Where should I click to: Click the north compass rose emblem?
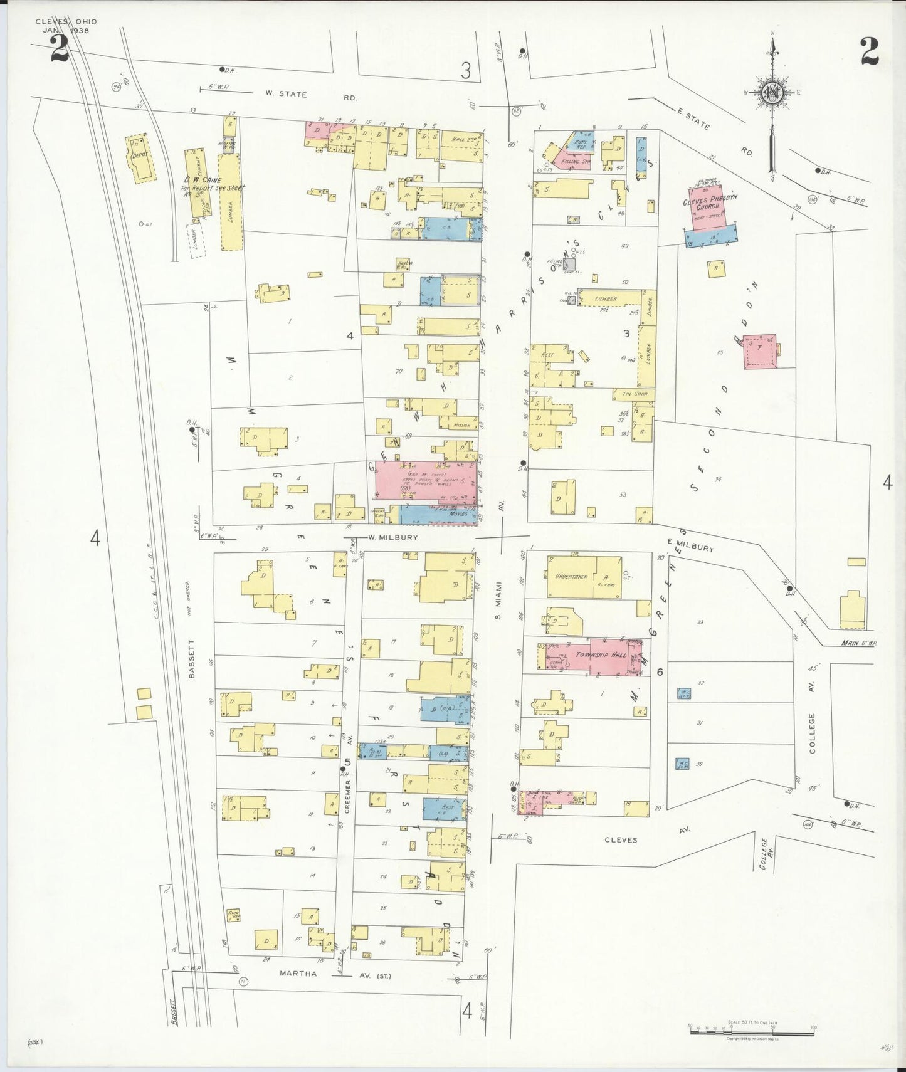pos(771,94)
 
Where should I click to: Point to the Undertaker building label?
pos(566,575)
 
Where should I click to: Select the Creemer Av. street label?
pos(347,796)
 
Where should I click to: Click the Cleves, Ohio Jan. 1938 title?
pos(66,26)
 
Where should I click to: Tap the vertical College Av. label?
pos(813,732)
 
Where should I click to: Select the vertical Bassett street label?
pos(192,659)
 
